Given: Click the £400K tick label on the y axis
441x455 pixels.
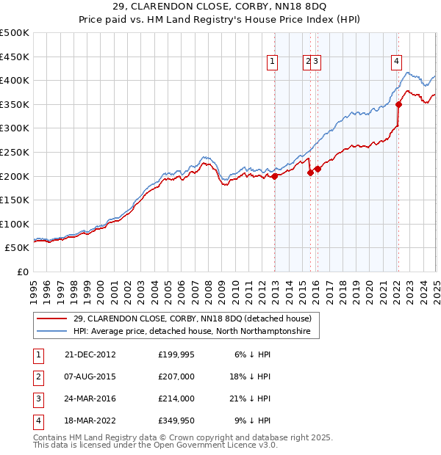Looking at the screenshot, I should pyautogui.click(x=15, y=80).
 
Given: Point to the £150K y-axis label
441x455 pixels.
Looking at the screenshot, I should pyautogui.click(x=15, y=200).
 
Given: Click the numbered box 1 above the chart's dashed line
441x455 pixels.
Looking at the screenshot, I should pyautogui.click(x=273, y=62).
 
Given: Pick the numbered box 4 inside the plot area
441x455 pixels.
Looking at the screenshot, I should pyautogui.click(x=396, y=62).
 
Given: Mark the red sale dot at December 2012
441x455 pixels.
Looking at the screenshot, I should pyautogui.click(x=275, y=176).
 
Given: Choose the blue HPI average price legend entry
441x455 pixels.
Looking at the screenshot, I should pyautogui.click(x=192, y=332).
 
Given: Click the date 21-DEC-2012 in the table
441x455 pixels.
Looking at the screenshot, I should pyautogui.click(x=90, y=354).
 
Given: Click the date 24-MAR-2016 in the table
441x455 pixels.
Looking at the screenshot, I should pyautogui.click(x=90, y=398).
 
